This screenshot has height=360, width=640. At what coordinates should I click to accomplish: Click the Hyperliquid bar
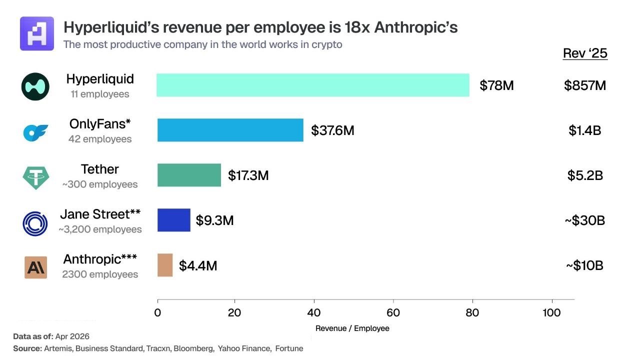click(312, 85)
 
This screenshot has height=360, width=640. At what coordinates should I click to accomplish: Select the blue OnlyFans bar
click(230, 130)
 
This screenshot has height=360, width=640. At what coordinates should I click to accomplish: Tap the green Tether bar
click(189, 175)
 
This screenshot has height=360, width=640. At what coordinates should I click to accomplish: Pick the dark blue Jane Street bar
click(173, 220)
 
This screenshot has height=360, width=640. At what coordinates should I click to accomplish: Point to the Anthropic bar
click(165, 265)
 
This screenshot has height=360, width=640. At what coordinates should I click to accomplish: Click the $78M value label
click(496, 85)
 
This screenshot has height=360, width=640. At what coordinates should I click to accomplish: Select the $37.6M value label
click(332, 130)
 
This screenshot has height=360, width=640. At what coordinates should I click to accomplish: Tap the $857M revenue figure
click(585, 85)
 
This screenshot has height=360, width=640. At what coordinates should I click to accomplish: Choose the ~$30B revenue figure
click(585, 220)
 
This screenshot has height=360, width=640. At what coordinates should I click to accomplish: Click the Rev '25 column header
click(585, 53)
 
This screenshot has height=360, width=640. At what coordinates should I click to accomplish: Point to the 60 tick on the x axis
click(393, 313)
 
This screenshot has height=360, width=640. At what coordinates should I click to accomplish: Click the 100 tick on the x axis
click(552, 313)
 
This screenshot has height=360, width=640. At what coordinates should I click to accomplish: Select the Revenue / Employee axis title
click(352, 328)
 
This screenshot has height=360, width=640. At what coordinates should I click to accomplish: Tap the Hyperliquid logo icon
click(35, 86)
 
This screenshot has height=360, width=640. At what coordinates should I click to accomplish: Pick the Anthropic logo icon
click(35, 267)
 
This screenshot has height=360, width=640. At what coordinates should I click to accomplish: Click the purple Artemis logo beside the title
click(37, 33)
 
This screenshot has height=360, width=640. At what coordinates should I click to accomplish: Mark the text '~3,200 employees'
click(100, 229)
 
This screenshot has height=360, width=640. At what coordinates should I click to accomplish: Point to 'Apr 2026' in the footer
click(71, 336)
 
